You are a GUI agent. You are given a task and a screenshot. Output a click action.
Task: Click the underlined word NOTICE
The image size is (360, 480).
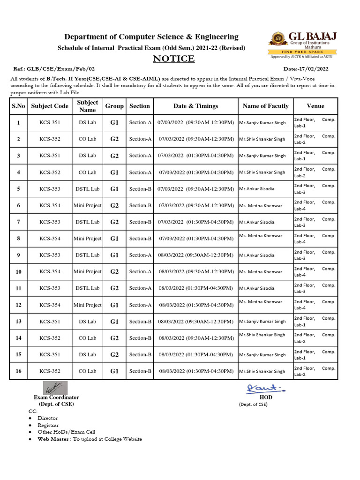174,59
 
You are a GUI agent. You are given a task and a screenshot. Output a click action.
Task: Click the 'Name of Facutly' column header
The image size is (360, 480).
265,106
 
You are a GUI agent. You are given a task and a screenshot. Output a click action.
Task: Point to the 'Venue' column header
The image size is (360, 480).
315,106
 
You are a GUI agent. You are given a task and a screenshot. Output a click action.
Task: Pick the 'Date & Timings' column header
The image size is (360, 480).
195,106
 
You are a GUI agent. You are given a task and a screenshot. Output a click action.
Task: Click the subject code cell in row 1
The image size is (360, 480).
50,123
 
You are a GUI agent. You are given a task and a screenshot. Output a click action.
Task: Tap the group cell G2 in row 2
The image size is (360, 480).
115,139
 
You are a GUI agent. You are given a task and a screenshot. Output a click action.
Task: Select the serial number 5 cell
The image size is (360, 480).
19,189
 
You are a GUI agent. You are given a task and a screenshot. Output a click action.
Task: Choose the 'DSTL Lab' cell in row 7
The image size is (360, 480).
88,222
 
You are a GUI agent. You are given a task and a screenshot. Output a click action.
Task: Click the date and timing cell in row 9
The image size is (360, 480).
195,255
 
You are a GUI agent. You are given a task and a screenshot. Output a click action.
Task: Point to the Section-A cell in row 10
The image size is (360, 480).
140,271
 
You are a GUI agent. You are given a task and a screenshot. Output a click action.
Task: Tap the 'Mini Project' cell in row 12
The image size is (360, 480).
88,305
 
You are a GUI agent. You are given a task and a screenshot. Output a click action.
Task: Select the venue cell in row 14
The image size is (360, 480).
315,338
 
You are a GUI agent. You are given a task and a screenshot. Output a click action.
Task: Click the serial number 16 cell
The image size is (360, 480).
19,371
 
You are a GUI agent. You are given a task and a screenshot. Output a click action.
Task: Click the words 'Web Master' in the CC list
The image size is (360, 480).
53,439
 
